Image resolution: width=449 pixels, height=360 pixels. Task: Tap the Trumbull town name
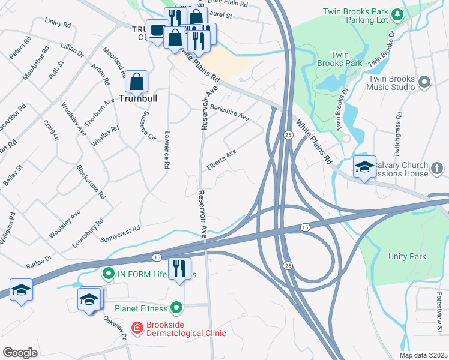pyautogui.click(x=137, y=98)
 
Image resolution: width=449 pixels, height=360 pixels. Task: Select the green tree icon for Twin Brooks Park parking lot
pyautogui.click(x=396, y=14)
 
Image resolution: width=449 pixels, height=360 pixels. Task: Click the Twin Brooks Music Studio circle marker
pyautogui.click(x=425, y=81)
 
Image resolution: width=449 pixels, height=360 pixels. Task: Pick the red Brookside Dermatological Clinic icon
pyautogui.click(x=137, y=327)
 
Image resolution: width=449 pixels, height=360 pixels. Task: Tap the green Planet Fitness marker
pyautogui.click(x=176, y=308)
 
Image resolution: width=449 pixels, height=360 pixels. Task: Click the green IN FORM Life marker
pyautogui.click(x=109, y=274)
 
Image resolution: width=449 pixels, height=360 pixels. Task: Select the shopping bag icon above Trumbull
pyautogui.click(x=137, y=82)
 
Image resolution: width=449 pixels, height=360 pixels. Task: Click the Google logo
pyautogui.click(x=20, y=352)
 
